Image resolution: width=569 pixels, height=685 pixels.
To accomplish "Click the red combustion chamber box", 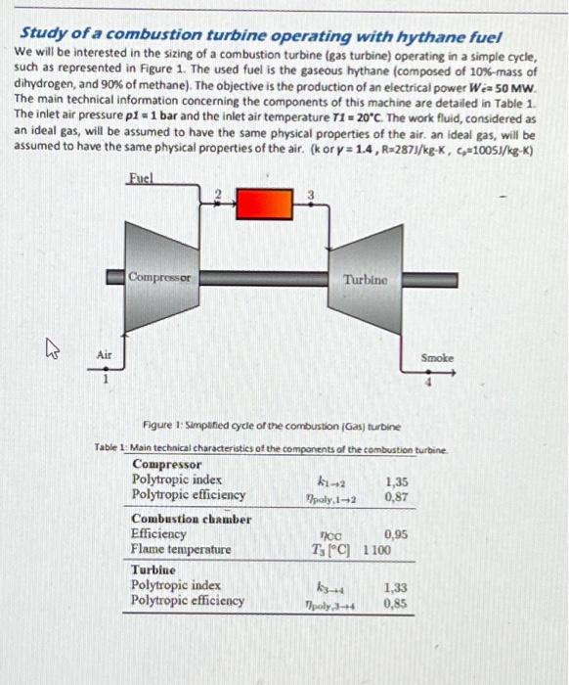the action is click(265, 205).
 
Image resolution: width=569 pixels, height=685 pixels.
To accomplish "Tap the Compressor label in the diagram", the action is click(162, 278).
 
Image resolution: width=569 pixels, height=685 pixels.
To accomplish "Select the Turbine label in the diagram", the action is click(365, 280).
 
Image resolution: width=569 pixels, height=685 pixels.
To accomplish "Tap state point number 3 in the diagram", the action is click(312, 193).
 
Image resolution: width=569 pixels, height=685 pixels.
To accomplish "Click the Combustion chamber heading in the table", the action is click(191, 519).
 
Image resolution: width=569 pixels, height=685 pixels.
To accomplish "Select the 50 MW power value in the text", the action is click(516, 86).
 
